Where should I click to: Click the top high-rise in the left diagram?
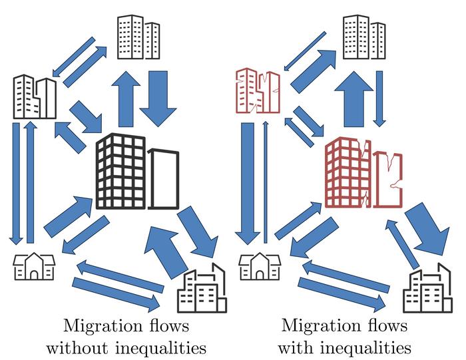(x=138, y=33)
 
